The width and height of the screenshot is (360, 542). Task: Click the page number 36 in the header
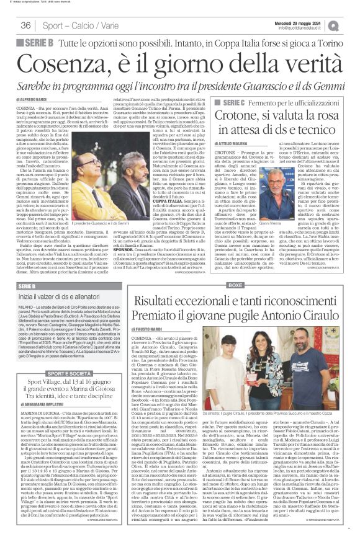coord(25,25)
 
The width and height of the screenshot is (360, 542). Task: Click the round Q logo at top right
coord(351,25)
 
